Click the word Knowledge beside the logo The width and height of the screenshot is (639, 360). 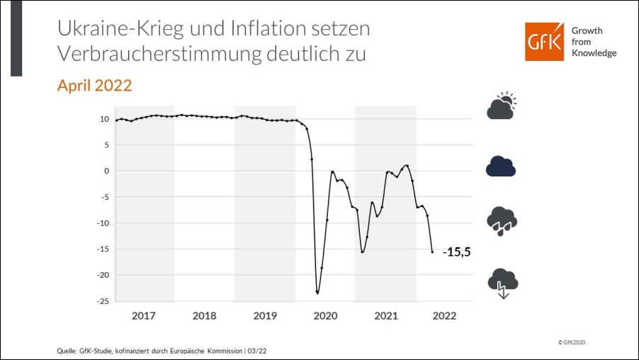(x=593, y=53)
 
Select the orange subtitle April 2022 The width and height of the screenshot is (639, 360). (x=94, y=86)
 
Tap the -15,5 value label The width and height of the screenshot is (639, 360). (x=457, y=252)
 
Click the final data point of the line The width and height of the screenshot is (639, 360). (x=432, y=252)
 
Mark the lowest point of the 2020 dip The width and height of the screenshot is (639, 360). (x=317, y=293)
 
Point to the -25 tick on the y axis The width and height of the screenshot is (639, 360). (x=102, y=301)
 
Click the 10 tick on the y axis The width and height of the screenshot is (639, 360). (x=104, y=118)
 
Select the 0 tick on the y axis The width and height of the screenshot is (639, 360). (x=106, y=171)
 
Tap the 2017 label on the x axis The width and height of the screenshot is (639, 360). (x=144, y=316)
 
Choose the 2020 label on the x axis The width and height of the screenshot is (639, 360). (x=325, y=316)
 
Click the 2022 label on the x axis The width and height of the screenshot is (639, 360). (x=444, y=316)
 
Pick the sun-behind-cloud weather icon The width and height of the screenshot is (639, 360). (x=502, y=106)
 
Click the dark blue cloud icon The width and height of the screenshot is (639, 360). (x=501, y=165)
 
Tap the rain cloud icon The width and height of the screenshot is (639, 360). (x=502, y=221)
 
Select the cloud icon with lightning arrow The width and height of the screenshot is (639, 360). (x=502, y=283)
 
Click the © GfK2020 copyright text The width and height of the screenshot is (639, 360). (x=572, y=342)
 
